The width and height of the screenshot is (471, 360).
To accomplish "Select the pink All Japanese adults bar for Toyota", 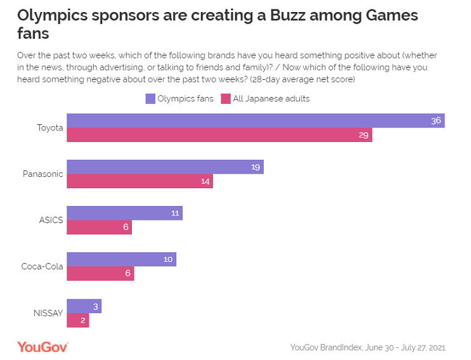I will pyautogui.click(x=219, y=135).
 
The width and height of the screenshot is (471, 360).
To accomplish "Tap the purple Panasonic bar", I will pyautogui.click(x=165, y=167).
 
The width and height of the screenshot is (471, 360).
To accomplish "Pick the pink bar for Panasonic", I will pyautogui.click(x=139, y=181).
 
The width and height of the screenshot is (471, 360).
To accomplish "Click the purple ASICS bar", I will pyautogui.click(x=124, y=213).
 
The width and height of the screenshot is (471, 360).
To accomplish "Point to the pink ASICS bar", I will pyautogui.click(x=99, y=228).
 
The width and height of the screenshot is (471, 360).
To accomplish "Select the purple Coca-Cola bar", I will pyautogui.click(x=121, y=259).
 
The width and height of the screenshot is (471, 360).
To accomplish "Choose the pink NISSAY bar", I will pyautogui.click(x=77, y=320).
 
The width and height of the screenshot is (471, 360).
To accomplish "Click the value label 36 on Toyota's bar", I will pyautogui.click(x=436, y=120).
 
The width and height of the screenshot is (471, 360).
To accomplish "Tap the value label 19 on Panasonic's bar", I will pyautogui.click(x=255, y=167).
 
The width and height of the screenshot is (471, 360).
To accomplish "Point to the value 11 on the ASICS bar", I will pyautogui.click(x=175, y=213).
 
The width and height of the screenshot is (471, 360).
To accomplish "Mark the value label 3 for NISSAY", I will pyautogui.click(x=95, y=306).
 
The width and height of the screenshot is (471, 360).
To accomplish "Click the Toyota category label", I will pyautogui.click(x=50, y=127).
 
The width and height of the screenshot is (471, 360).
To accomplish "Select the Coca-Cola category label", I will pyautogui.click(x=42, y=266).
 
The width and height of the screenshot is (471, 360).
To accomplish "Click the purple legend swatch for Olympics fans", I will pyautogui.click(x=150, y=98).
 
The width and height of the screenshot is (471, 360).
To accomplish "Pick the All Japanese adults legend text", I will pyautogui.click(x=271, y=98).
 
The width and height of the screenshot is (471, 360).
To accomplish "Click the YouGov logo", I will pyautogui.click(x=42, y=347).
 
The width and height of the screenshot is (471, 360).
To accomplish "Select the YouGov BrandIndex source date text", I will pyautogui.click(x=368, y=347).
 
